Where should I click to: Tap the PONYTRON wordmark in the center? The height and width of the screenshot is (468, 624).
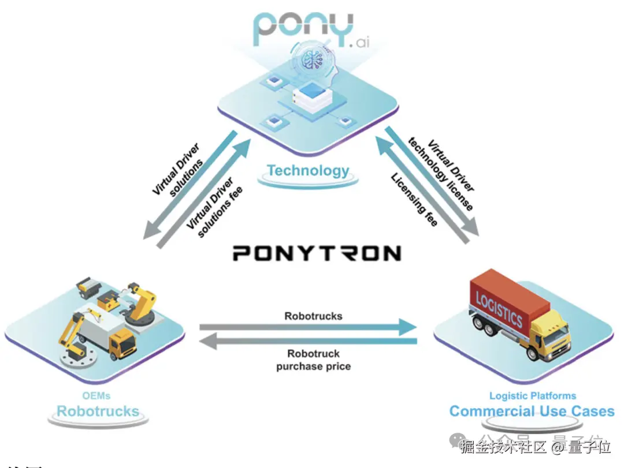click(x=316, y=253)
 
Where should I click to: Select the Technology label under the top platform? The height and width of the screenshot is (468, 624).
click(x=308, y=170)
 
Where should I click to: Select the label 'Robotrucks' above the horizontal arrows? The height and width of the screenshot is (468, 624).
click(x=313, y=316)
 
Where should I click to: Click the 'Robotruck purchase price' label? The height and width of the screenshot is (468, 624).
click(x=313, y=360)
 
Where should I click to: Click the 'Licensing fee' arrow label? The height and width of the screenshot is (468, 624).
click(x=414, y=199)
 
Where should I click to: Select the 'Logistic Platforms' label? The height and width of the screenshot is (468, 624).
click(x=532, y=396)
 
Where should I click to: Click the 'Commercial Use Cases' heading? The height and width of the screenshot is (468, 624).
click(x=532, y=411)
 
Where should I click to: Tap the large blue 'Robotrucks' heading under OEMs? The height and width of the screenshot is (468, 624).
click(x=98, y=411)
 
